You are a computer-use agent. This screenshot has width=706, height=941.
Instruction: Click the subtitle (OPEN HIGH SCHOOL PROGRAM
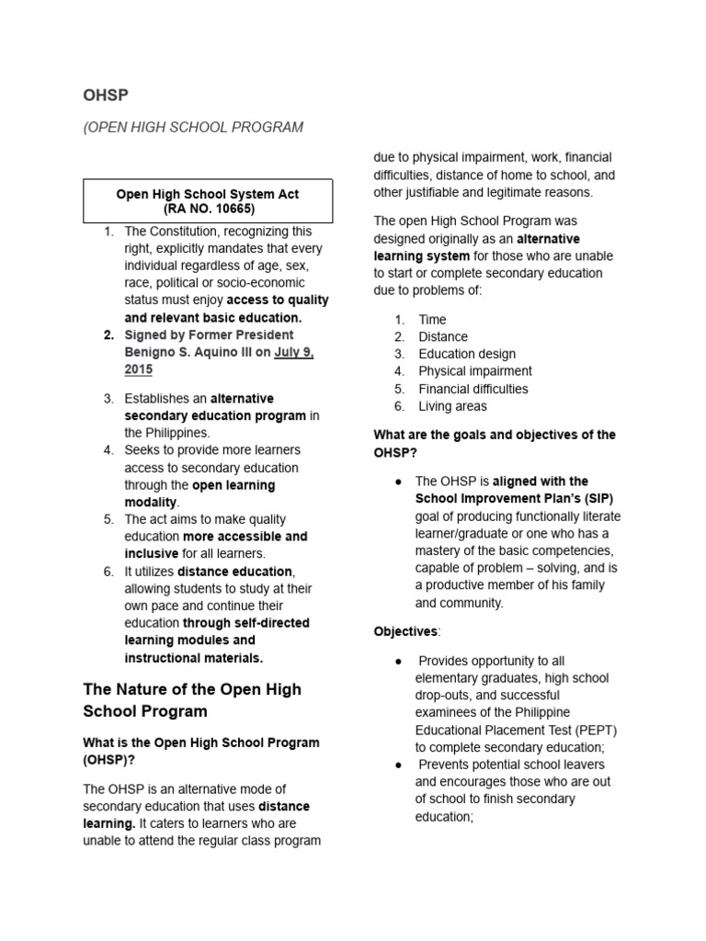193,127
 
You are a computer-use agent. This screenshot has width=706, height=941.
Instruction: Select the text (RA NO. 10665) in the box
207,209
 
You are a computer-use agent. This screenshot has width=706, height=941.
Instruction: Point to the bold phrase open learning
233,484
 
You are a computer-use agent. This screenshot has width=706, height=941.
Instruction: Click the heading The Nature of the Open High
192,689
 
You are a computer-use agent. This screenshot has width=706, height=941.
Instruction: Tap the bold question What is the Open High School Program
201,742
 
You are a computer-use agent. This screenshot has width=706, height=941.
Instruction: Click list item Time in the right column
432,320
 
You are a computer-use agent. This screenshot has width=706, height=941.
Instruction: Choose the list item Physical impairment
474,371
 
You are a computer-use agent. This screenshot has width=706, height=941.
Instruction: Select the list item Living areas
452,406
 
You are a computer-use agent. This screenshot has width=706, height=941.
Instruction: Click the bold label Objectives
405,631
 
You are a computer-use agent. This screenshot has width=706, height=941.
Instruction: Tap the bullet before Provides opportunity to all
397,662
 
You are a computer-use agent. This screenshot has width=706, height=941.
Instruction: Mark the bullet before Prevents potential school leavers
397,765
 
